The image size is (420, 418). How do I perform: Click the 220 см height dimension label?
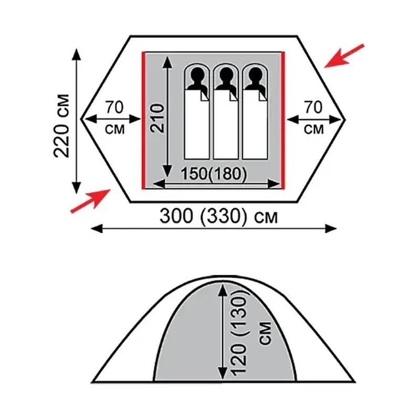click(x=62, y=126)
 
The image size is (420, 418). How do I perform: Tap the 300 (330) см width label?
click(x=218, y=216)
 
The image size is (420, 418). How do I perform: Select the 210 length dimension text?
click(x=157, y=119)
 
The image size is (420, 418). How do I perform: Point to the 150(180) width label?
click(x=214, y=174)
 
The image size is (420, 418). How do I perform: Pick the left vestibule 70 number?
click(x=114, y=107)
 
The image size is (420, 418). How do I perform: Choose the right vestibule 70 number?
click(x=313, y=107)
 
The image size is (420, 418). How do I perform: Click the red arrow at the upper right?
click(x=344, y=56)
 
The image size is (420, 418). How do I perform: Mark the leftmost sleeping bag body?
click(x=197, y=124)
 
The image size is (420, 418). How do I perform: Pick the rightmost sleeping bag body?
click(x=255, y=124)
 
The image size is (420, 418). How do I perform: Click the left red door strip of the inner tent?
click(x=143, y=121)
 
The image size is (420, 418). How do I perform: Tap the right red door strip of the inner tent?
click(x=283, y=121)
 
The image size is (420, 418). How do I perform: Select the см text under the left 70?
click(x=114, y=129)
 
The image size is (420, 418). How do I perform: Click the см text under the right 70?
click(x=313, y=129)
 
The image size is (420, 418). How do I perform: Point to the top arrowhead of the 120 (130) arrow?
click(x=223, y=290)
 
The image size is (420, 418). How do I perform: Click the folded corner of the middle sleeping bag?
click(x=234, y=97)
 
